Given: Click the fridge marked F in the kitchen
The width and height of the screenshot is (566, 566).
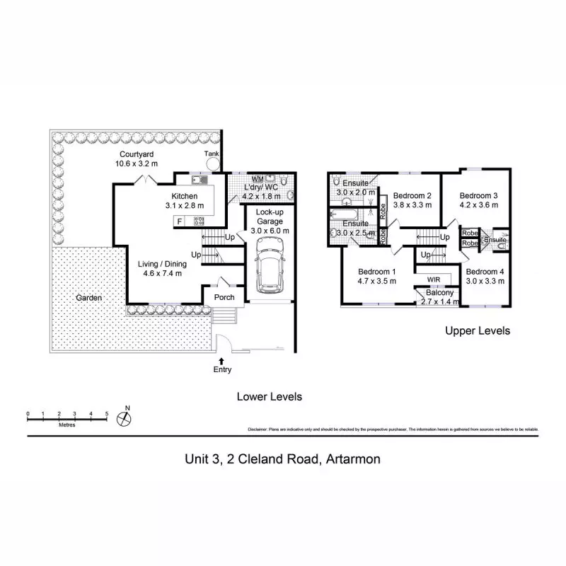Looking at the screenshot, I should (x=179, y=221).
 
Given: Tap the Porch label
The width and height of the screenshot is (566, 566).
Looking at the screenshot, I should (x=224, y=297).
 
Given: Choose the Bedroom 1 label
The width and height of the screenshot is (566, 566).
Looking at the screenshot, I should (x=376, y=272).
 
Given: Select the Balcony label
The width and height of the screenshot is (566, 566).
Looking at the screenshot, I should (x=439, y=293).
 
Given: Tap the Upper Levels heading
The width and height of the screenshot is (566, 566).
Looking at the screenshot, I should (x=477, y=330).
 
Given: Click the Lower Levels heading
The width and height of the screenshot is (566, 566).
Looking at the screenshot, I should (x=269, y=397).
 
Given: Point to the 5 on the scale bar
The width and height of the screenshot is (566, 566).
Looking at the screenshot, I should (x=106, y=413).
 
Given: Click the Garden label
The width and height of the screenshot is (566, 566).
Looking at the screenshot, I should (x=88, y=298).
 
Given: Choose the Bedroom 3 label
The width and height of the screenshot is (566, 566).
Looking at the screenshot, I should (x=479, y=196).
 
